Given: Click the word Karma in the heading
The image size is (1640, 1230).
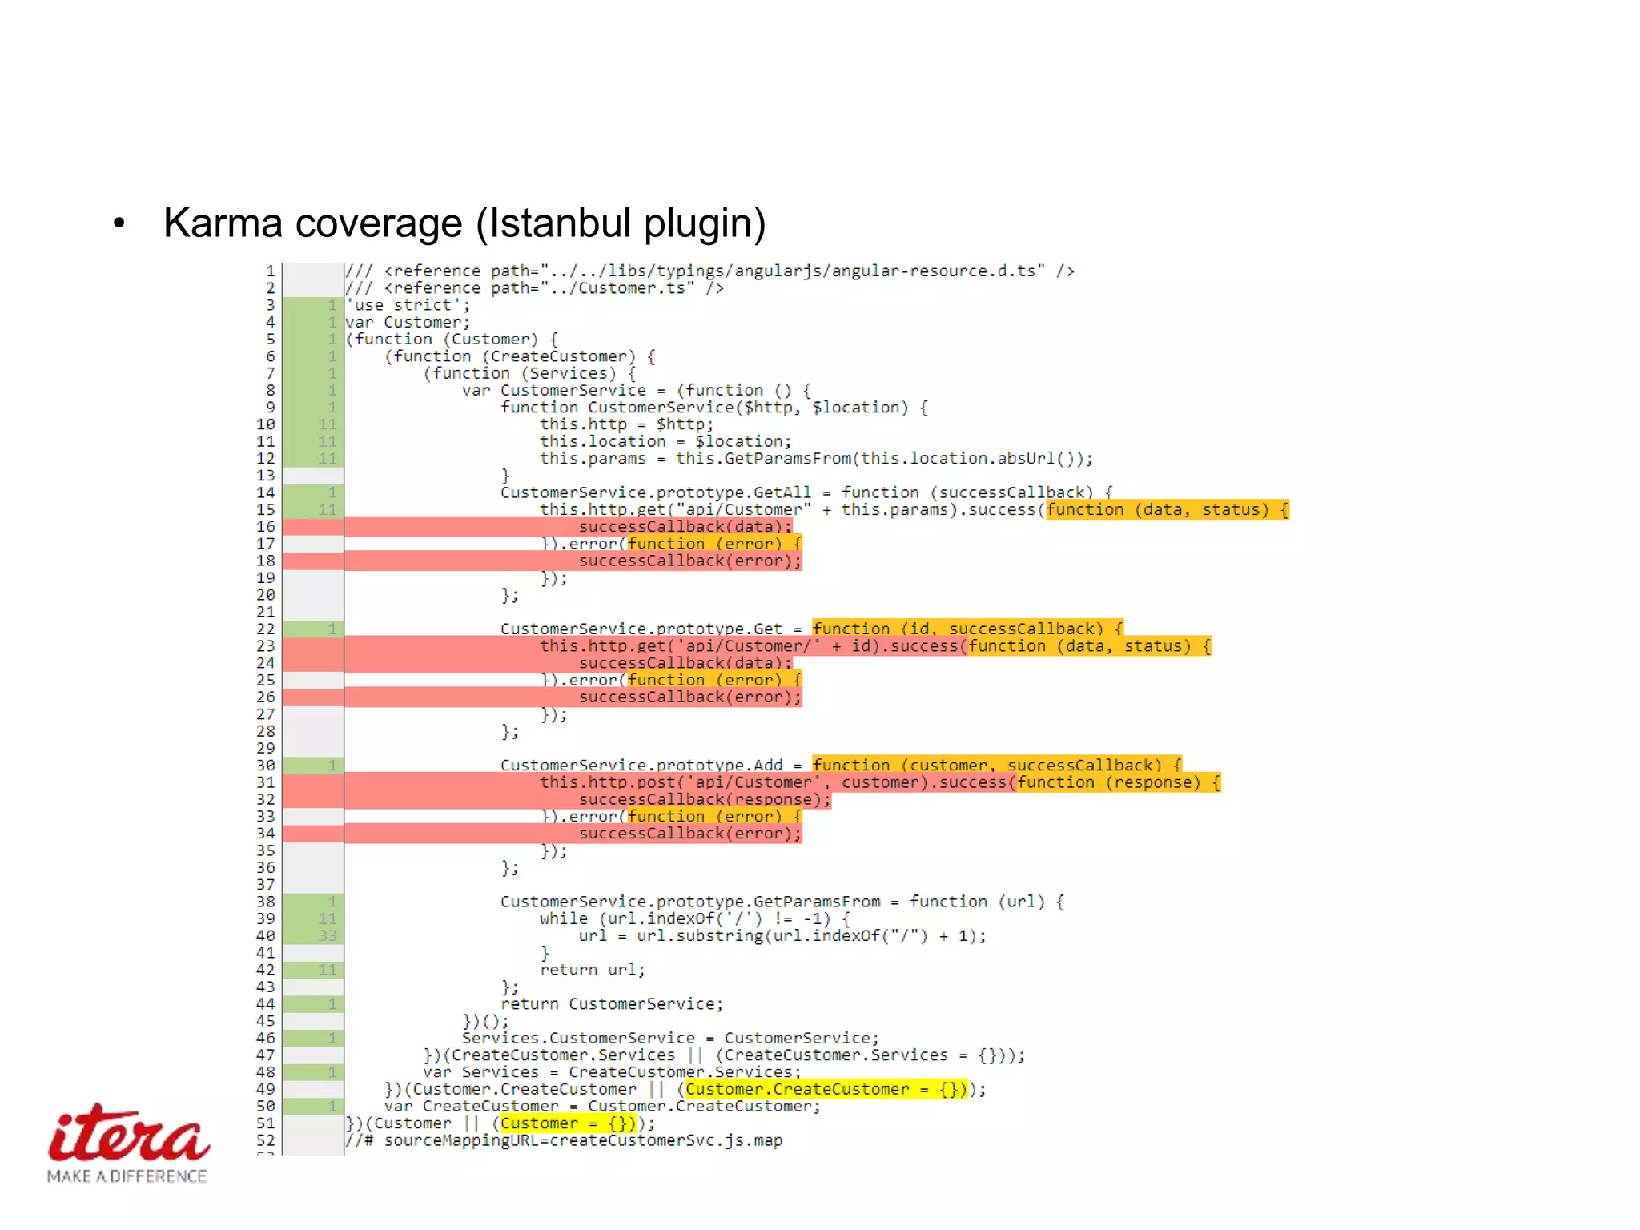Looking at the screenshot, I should [223, 223].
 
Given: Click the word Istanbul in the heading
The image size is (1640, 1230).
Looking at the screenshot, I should [561, 223].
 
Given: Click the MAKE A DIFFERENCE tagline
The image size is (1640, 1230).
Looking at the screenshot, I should [127, 1176].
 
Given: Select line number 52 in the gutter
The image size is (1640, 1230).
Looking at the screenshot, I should [265, 1140].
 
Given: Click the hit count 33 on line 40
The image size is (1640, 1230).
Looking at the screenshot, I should [327, 935].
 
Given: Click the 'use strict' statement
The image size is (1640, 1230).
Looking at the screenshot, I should [408, 305].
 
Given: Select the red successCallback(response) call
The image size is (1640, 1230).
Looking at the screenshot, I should [705, 799].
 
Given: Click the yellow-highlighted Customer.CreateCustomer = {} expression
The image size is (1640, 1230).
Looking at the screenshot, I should [825, 1089].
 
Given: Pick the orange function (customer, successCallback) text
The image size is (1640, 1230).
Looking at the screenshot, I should [996, 765].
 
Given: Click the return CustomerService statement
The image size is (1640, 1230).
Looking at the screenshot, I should [612, 1004].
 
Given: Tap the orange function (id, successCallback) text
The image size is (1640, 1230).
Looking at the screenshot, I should [967, 629].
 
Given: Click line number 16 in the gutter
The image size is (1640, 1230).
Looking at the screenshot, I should [265, 527].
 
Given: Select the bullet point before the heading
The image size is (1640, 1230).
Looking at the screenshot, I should [119, 223].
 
